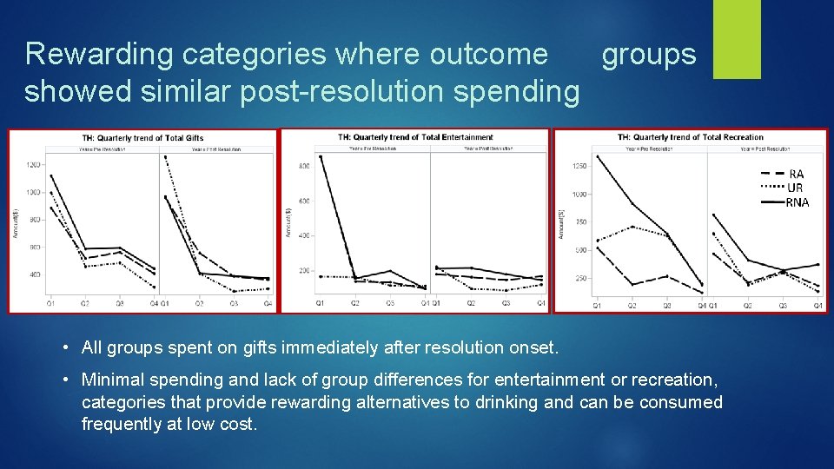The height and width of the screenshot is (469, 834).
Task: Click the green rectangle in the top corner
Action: (x=737, y=39)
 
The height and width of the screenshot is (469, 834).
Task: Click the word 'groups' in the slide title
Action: (x=649, y=55)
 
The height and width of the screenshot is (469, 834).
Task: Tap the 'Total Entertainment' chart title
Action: (x=415, y=137)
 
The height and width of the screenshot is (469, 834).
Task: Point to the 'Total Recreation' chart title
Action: (x=691, y=137)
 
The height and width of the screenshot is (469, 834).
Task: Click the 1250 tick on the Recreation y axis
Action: (x=577, y=166)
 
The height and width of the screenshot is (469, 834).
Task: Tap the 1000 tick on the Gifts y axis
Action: (x=33, y=192)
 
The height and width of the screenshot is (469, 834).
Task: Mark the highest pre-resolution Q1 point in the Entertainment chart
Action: (x=321, y=157)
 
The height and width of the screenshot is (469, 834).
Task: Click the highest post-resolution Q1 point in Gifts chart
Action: (x=165, y=157)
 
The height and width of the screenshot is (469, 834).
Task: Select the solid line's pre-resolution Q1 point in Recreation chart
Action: (x=597, y=156)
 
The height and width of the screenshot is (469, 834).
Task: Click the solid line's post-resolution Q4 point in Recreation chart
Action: (x=817, y=265)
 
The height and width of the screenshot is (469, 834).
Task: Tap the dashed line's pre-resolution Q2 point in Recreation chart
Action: (x=632, y=284)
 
